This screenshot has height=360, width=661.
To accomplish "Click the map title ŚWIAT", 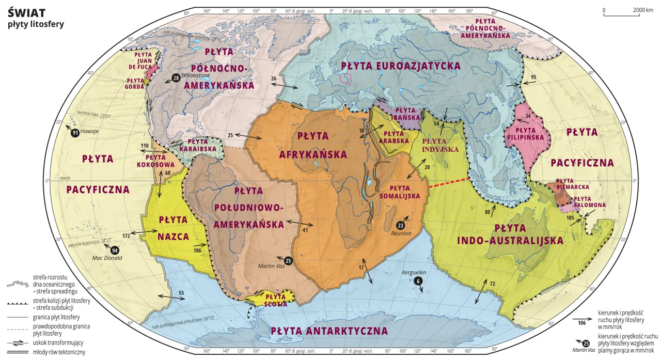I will point(26,12).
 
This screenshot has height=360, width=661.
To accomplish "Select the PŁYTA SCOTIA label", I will point(276,300).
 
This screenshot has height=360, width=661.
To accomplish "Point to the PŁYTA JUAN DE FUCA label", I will point(143,60).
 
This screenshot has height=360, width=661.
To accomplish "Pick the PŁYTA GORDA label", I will point(135,84).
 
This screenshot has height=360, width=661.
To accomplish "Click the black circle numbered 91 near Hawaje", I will point(75,133).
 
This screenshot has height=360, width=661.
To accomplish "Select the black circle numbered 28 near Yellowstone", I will point(176,78).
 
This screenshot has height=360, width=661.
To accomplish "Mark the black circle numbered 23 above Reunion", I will point(400,225).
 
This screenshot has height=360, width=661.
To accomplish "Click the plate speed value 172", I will point(126,236).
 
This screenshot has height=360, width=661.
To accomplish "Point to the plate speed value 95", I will point(533,77).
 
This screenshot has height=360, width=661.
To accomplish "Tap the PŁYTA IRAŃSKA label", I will point(405,114).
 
